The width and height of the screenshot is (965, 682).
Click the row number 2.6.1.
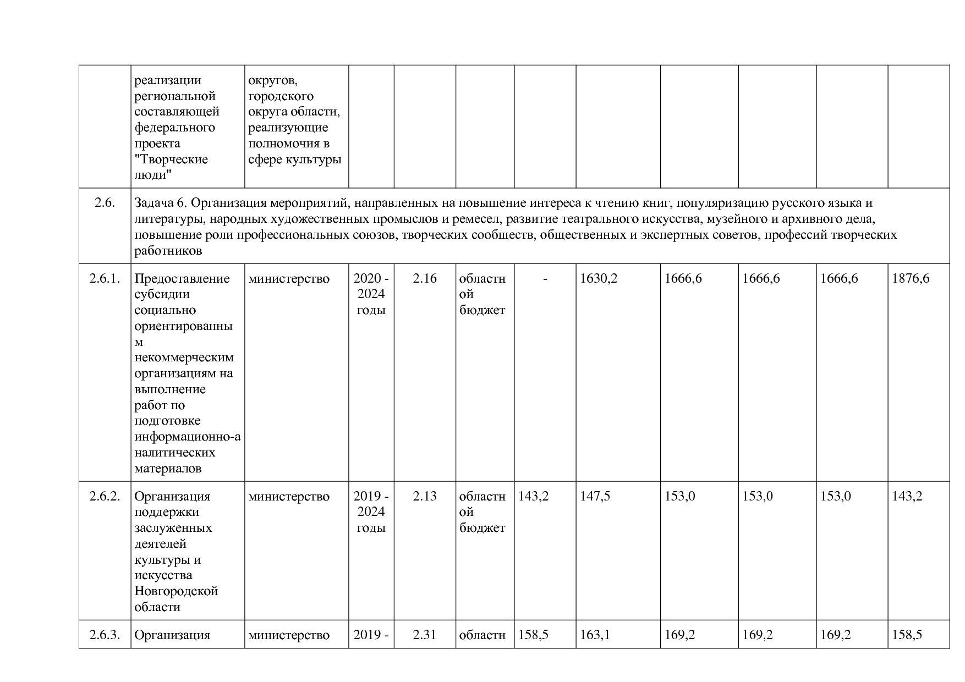point(105,278)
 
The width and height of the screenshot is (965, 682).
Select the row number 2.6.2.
point(105,496)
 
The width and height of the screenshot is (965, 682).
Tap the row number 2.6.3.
point(105,635)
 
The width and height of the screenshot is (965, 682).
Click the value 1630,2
point(599,278)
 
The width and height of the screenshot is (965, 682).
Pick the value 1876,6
point(911,278)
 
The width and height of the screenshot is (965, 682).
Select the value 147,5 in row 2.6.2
point(595,496)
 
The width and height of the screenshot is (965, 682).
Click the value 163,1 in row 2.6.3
point(595,635)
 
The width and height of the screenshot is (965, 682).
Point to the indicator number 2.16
point(425,278)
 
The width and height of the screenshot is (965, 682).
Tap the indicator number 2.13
point(425,496)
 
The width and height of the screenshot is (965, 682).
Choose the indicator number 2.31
point(425,635)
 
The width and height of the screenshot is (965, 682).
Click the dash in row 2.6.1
point(545,279)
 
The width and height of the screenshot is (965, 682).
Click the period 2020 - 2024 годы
point(371,294)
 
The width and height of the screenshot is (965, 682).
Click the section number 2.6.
point(105,203)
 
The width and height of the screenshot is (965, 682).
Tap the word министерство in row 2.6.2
point(289,496)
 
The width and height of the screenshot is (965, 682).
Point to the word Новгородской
point(176,591)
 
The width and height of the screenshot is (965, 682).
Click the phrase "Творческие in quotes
point(171,159)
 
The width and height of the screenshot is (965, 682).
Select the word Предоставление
point(182,278)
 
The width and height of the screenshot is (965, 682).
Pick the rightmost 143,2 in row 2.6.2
point(907,496)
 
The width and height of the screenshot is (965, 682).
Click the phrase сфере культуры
point(294,159)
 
